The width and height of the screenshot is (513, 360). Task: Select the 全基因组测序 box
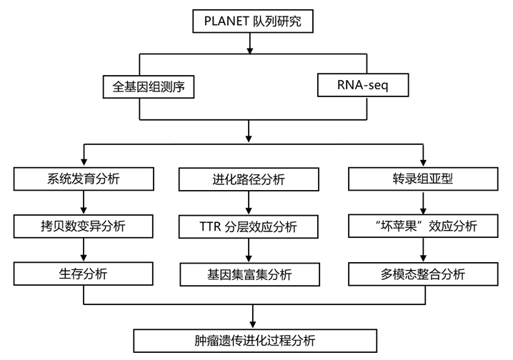[149, 86]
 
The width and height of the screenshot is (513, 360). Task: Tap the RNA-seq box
[363, 86]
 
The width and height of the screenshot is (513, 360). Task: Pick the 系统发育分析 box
[84, 179]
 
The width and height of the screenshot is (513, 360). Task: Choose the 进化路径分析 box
[248, 179]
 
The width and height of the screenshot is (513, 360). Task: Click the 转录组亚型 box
[423, 179]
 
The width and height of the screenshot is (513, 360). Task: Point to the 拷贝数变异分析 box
[84, 226]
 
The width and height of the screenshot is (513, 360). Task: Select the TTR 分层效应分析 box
[248, 228]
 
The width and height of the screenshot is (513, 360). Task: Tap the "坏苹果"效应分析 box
[423, 226]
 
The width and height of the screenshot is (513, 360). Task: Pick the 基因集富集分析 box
[248, 273]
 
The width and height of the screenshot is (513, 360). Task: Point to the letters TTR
[209, 228]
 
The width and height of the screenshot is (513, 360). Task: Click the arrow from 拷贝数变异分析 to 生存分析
[84, 249]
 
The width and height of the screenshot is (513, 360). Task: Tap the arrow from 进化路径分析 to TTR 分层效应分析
[248, 204]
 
